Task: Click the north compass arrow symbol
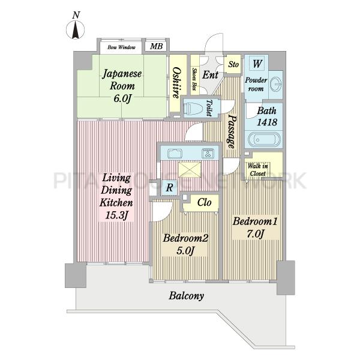76,30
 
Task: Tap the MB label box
157,46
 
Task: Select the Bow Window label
121,47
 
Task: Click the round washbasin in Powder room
276,84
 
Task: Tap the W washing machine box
257,64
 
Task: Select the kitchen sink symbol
175,154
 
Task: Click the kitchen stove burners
208,154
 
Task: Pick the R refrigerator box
169,187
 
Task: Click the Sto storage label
233,64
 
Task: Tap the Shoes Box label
194,79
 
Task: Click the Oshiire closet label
176,83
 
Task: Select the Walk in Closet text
258,169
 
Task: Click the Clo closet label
205,203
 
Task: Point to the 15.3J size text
116,215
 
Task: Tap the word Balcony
187,296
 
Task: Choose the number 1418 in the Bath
267,122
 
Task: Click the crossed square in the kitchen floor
190,169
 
